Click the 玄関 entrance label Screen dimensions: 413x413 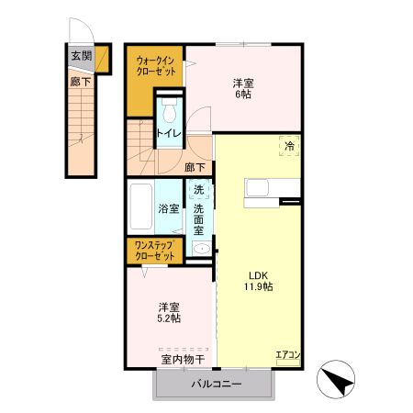coord(81,56)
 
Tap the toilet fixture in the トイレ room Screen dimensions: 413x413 coord(168,112)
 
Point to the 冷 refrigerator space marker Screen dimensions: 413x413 coord(288,146)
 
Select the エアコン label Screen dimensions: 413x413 coord(287,354)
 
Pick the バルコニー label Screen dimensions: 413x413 coord(216,385)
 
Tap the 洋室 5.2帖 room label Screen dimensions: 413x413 coord(168,312)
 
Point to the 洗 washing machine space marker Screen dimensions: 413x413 coord(199,190)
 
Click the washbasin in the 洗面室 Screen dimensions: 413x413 coord(201,248)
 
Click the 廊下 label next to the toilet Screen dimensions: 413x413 coord(195,167)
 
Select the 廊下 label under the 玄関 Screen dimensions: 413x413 coord(81,82)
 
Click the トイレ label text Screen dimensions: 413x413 coord(168,134)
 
